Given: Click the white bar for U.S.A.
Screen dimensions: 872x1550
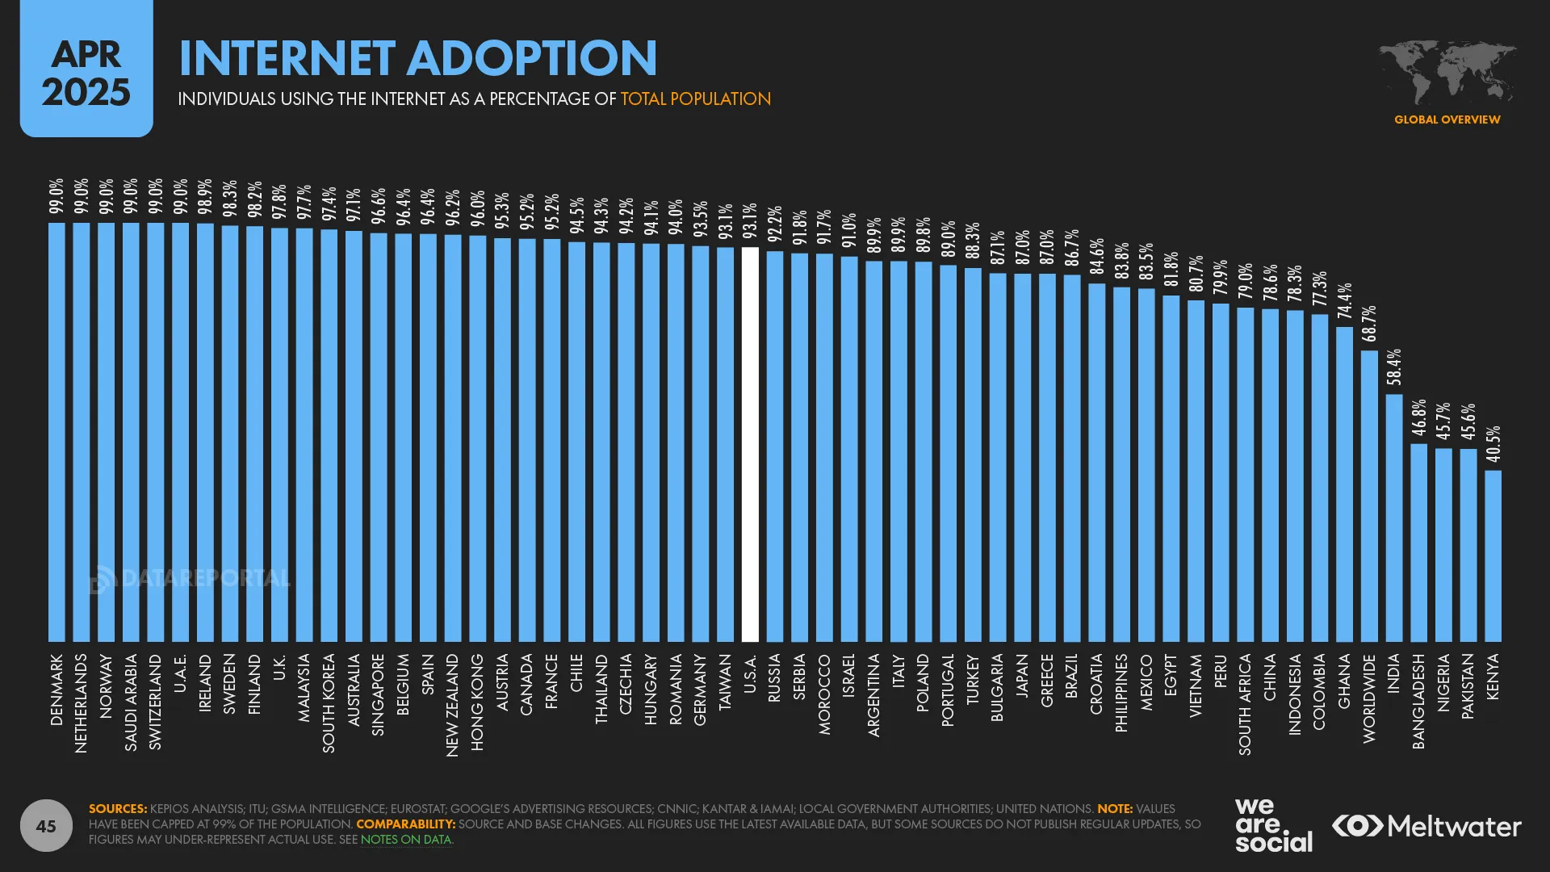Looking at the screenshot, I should coord(750,444).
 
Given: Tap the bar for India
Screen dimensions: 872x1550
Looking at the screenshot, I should coord(1394,518).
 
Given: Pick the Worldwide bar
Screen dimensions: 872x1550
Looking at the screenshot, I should coord(1369,496).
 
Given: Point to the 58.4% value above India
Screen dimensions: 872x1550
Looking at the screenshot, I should coord(1394,367).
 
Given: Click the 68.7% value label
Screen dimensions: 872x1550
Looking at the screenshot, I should coord(1369,324).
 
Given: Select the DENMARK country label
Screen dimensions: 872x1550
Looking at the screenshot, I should coord(57,690).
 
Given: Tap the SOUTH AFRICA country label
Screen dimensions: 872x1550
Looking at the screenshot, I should coord(1245,704).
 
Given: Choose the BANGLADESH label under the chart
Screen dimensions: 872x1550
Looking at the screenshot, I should coord(1418,701).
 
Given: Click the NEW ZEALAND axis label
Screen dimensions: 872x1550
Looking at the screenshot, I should coord(452,705).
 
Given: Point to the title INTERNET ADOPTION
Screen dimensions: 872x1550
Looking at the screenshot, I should coord(417,58).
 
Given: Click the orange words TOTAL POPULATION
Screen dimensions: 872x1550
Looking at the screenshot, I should coord(695,99).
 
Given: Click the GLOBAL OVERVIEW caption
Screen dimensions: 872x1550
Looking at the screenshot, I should coord(1447,119).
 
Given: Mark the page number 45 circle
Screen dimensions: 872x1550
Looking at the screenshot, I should coord(46,825).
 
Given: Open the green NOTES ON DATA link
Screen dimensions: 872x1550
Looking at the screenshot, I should coord(406,840).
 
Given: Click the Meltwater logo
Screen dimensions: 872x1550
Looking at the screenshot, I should coord(1426,826).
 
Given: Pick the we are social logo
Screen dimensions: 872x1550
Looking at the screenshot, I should coord(1273,825).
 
